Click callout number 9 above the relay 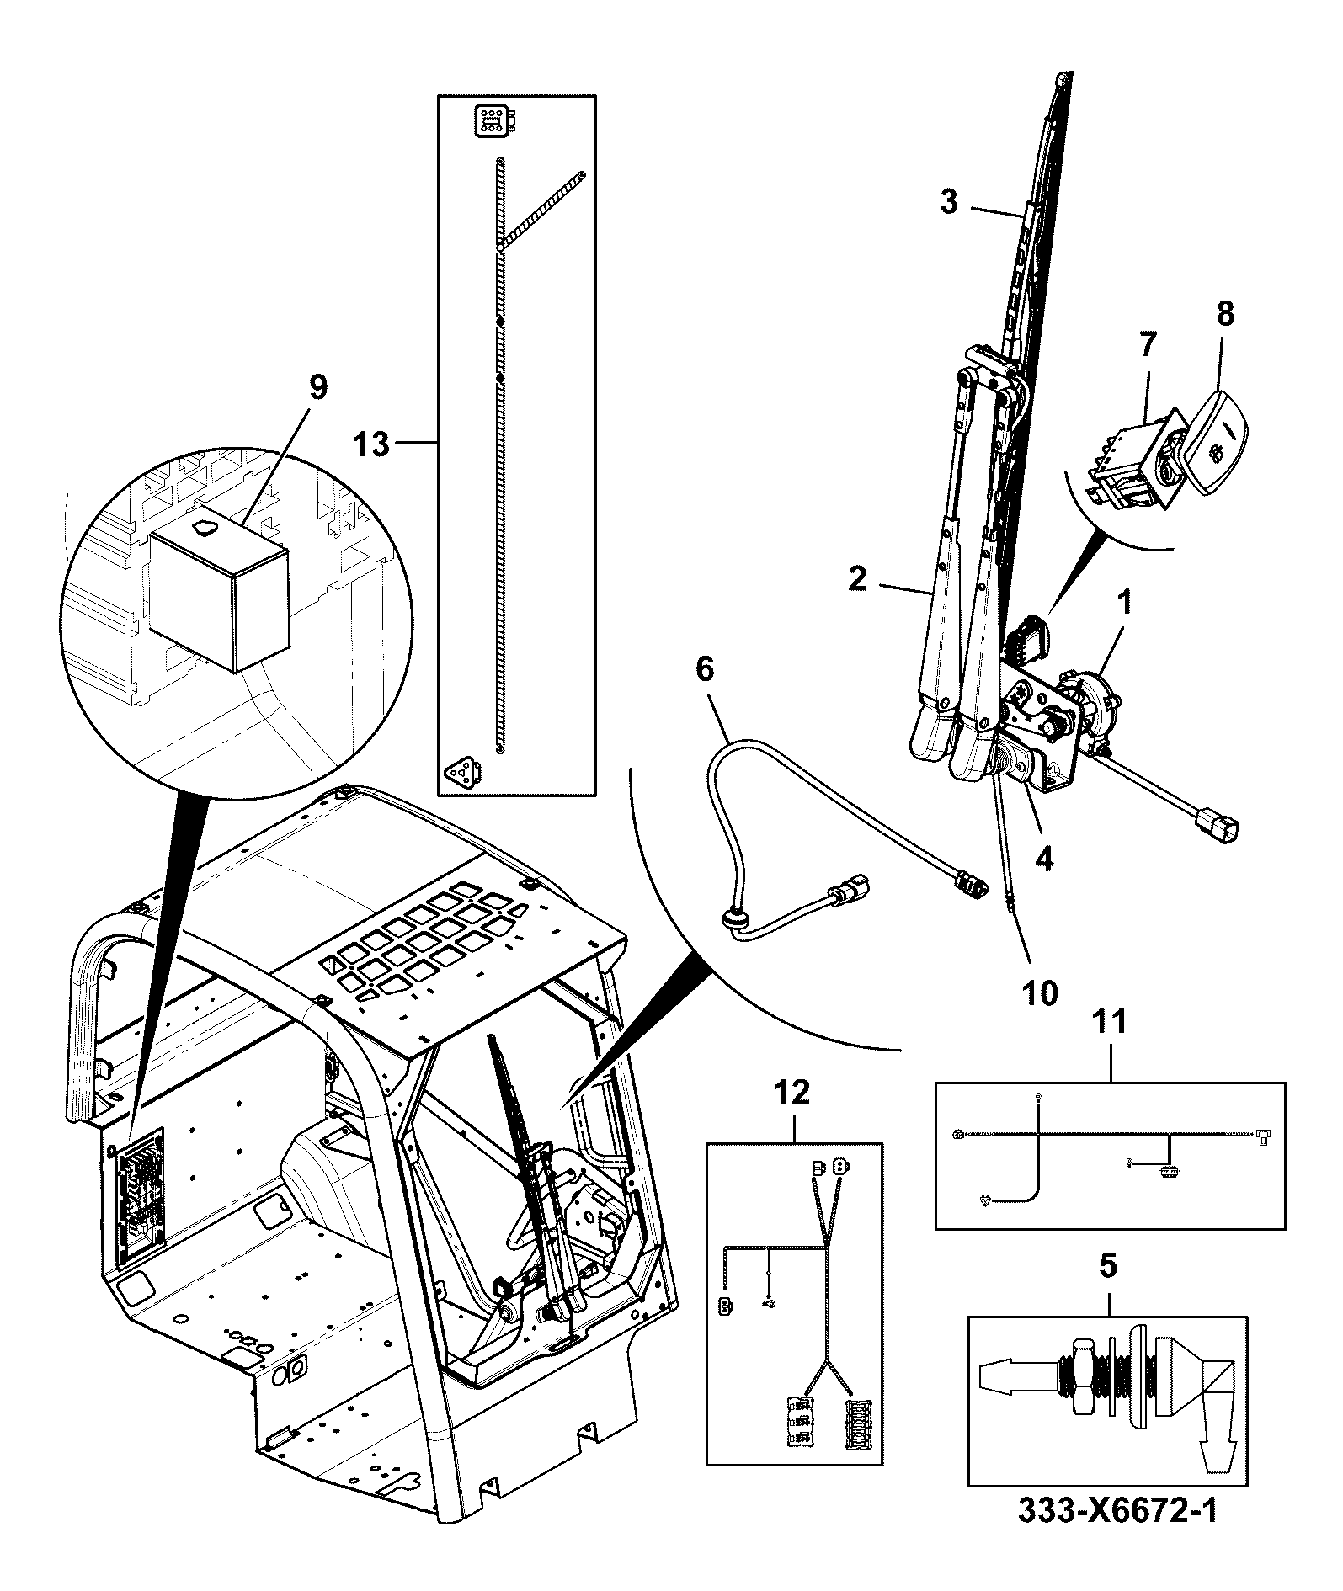317,388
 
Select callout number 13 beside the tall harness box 370,443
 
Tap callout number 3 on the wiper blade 949,202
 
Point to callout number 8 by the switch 1225,314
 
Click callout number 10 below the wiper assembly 1041,993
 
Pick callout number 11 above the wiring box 1109,1022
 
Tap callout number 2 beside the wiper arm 856,578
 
